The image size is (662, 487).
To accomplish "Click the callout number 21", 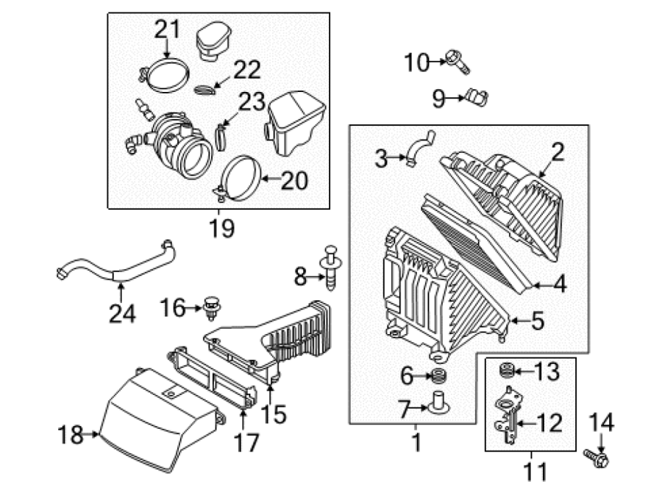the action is click(x=167, y=29).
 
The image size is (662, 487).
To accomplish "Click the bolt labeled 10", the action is click(x=458, y=62).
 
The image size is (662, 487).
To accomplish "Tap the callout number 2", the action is click(x=558, y=152).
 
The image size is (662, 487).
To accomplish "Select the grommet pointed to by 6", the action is click(x=438, y=375).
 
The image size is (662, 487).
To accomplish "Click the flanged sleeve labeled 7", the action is click(x=438, y=404).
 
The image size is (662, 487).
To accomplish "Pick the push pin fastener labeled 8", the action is click(x=331, y=267).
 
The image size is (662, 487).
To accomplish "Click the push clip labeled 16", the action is click(x=213, y=308).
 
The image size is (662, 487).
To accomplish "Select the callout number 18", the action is click(x=70, y=434).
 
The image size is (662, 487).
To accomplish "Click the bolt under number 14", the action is click(x=596, y=458).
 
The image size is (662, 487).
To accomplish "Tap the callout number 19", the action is click(x=222, y=229).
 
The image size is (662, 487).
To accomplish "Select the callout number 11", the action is click(x=535, y=472).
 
